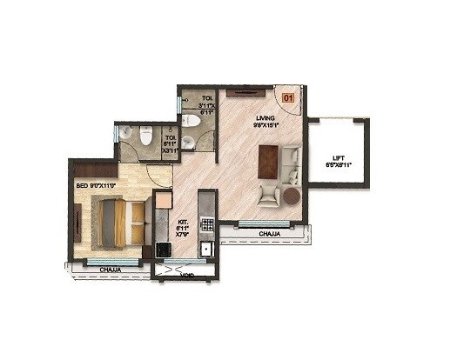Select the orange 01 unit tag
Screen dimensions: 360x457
[x=288, y=99]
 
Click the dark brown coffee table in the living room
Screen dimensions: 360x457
[x=269, y=160]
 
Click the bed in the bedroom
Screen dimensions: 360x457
[x=114, y=222]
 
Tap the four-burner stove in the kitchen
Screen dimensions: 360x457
[x=207, y=224]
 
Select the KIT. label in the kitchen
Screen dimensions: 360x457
[x=184, y=221]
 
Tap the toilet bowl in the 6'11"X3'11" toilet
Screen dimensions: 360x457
[x=145, y=137]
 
